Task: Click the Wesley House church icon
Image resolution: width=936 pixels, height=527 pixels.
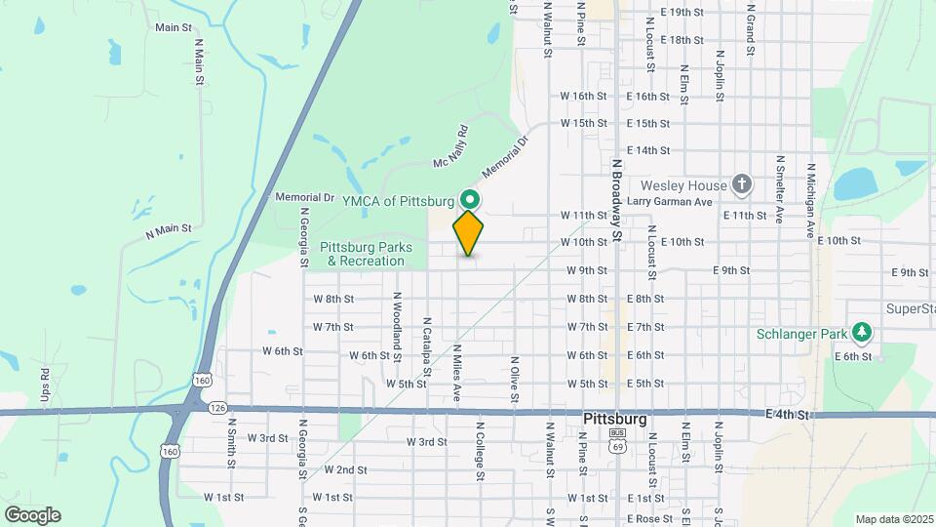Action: tap(742, 184)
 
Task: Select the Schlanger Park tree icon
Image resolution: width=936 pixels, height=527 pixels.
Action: tap(861, 334)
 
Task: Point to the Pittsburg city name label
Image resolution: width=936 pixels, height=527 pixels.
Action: tap(614, 419)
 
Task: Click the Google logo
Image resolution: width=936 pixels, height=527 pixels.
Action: tap(31, 515)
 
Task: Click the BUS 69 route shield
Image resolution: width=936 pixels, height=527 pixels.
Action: tap(616, 439)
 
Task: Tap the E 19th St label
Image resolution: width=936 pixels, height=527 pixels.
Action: tap(681, 13)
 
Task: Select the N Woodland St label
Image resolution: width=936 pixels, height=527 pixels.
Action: tap(398, 321)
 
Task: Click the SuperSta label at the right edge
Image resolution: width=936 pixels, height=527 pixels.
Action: tap(911, 308)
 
